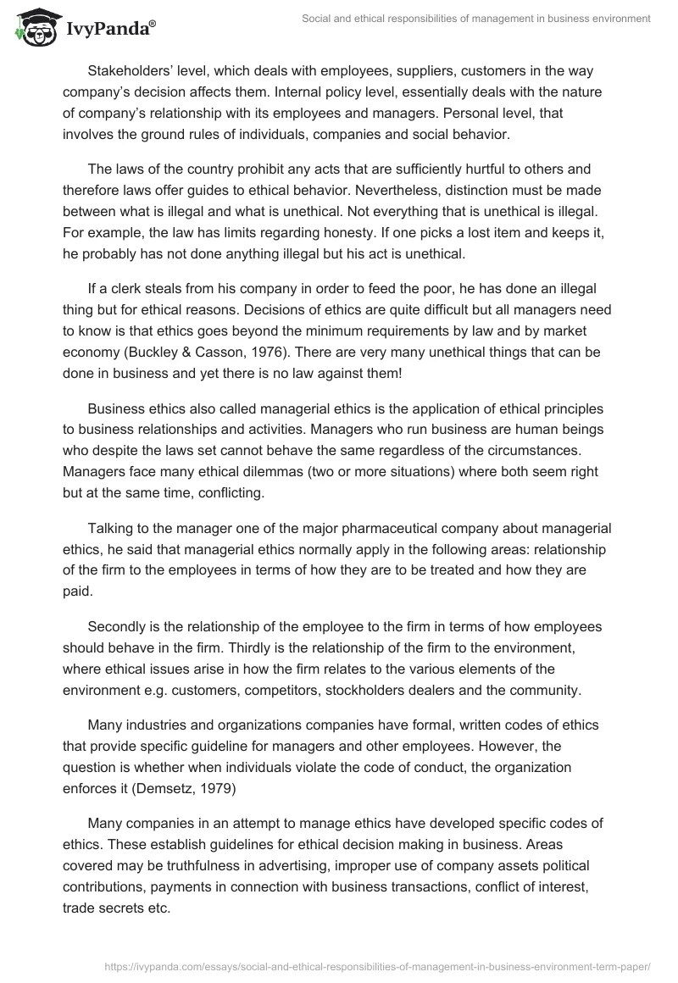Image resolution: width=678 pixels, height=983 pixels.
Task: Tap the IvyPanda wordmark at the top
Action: click(x=110, y=27)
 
